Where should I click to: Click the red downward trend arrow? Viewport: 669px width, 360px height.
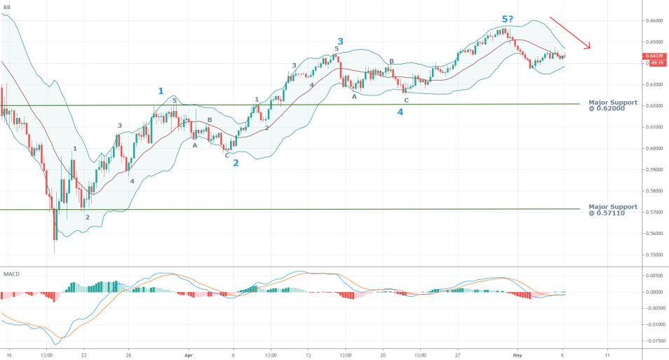coord(570,32)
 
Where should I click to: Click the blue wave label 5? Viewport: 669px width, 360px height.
coord(510,19)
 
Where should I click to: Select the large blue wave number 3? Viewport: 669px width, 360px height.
coord(340,41)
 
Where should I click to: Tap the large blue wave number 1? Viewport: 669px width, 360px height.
coord(161,91)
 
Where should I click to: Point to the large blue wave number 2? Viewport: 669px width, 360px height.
coord(236,163)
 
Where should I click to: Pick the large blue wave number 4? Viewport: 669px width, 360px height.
coord(400,112)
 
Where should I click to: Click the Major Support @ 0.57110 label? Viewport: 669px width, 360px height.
coord(613,209)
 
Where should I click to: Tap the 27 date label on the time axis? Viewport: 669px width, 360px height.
coord(457,354)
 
